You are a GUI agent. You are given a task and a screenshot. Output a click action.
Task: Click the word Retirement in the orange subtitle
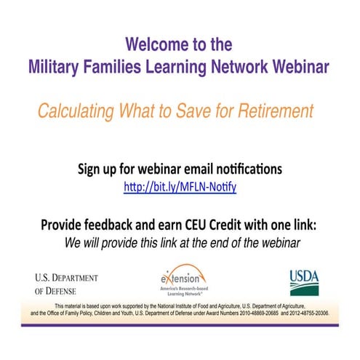tap(276, 112)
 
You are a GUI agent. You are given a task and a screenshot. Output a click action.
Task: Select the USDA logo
tap(303, 279)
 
